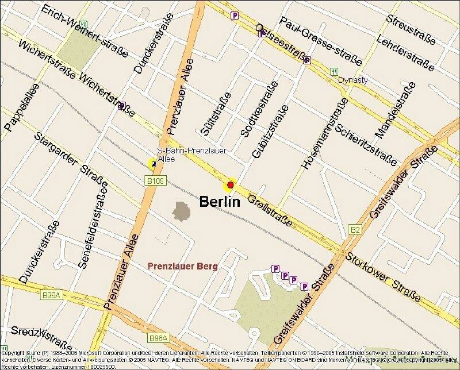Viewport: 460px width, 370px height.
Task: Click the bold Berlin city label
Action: click(219, 202)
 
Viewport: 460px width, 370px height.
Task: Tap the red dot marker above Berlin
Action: click(231, 185)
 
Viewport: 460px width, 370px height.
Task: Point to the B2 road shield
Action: click(356, 230)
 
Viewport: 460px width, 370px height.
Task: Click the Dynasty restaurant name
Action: click(352, 80)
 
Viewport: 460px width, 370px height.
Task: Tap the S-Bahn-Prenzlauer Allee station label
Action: click(183, 155)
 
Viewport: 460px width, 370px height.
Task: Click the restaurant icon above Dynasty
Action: click(333, 71)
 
